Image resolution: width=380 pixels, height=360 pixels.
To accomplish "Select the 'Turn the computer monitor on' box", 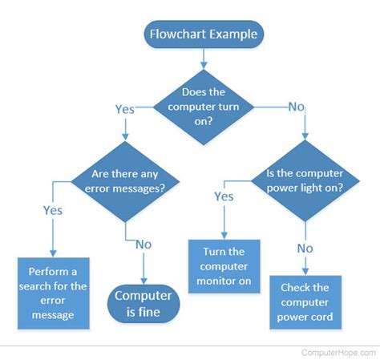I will pos(224,266).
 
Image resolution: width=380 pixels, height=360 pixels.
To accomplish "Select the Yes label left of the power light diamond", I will pos(224,196).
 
